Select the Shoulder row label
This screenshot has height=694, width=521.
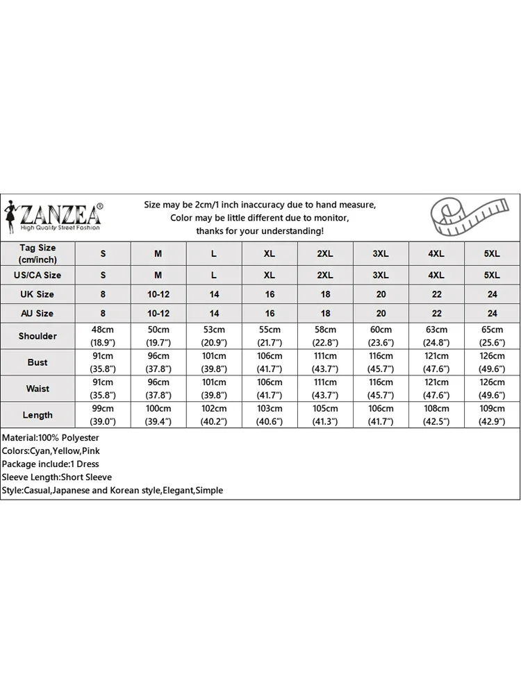point(38,336)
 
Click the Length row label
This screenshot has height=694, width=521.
point(38,415)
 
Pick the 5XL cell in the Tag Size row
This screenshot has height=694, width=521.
point(492,254)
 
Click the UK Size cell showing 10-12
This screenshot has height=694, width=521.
point(158,294)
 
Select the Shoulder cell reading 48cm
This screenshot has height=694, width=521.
point(103,336)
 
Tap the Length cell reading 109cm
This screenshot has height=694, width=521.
point(492,415)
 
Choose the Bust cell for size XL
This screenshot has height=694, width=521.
point(270,362)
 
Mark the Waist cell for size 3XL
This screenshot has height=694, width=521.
point(381,389)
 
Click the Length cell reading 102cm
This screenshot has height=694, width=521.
point(214,415)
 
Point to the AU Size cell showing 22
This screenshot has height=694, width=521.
point(436,313)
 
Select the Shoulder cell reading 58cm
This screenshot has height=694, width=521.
point(325,336)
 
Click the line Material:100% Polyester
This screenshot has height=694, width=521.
point(51,438)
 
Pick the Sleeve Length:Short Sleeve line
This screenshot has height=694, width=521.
point(57,477)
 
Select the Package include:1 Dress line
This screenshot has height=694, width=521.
point(51,464)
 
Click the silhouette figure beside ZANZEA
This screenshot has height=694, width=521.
point(12,213)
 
